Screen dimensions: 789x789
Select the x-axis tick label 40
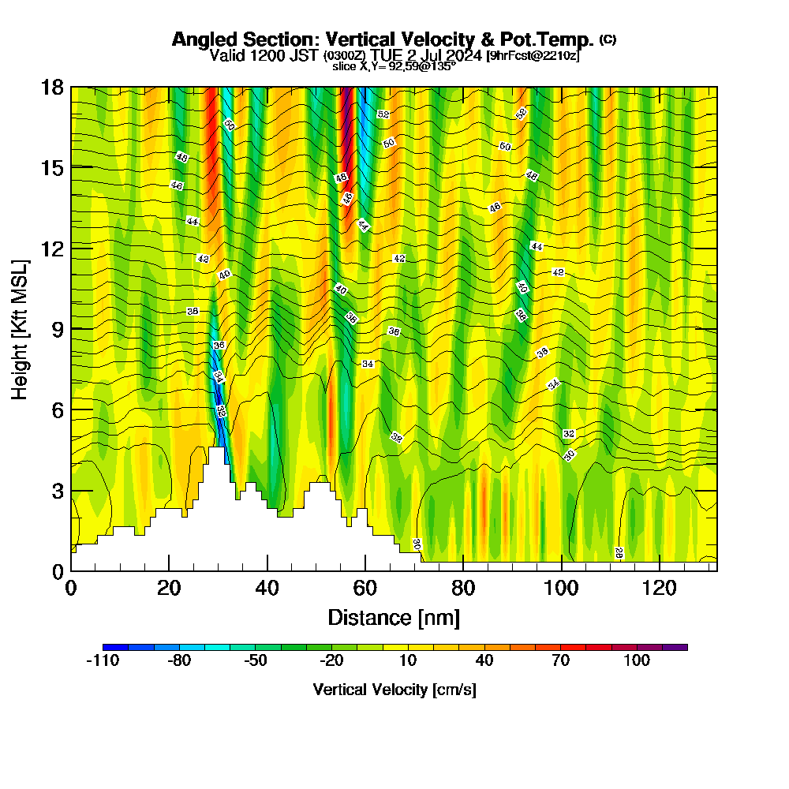(267, 588)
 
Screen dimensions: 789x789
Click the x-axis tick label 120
(659, 588)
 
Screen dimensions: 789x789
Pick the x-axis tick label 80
(463, 588)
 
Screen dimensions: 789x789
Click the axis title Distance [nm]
(394, 617)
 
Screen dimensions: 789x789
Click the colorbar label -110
(102, 661)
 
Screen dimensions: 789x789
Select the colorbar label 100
(636, 661)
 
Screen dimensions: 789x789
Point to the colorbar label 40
(484, 661)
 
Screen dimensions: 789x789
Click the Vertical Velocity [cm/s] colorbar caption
(394, 690)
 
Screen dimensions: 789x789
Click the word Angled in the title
(202, 39)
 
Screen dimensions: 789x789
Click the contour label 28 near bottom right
(619, 554)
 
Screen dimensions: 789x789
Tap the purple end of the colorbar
(680, 647)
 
